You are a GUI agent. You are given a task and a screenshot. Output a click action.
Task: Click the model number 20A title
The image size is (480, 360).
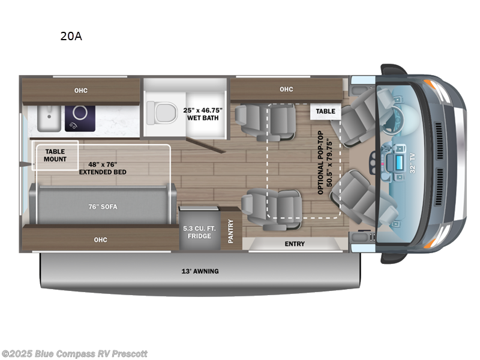(71, 36)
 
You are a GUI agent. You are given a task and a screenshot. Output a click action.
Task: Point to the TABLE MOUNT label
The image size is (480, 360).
(55, 155)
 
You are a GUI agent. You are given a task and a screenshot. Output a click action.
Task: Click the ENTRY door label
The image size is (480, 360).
(295, 244)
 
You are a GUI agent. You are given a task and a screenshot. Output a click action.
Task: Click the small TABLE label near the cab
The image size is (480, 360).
(326, 111)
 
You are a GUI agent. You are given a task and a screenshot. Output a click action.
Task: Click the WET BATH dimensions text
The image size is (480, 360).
(202, 113)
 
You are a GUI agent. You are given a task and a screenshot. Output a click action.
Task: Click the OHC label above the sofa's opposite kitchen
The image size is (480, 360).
(81, 91)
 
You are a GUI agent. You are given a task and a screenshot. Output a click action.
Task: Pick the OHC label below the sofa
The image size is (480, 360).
(100, 240)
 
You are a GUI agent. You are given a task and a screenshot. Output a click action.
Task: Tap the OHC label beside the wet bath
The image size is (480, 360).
(286, 89)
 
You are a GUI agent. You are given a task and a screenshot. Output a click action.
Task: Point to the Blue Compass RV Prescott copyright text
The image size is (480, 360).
(74, 354)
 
